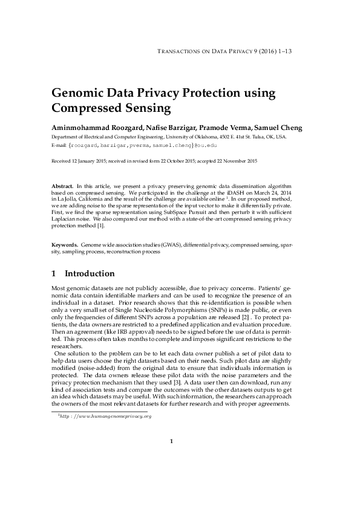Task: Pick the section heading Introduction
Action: tap(90, 274)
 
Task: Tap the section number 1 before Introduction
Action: tap(54, 274)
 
